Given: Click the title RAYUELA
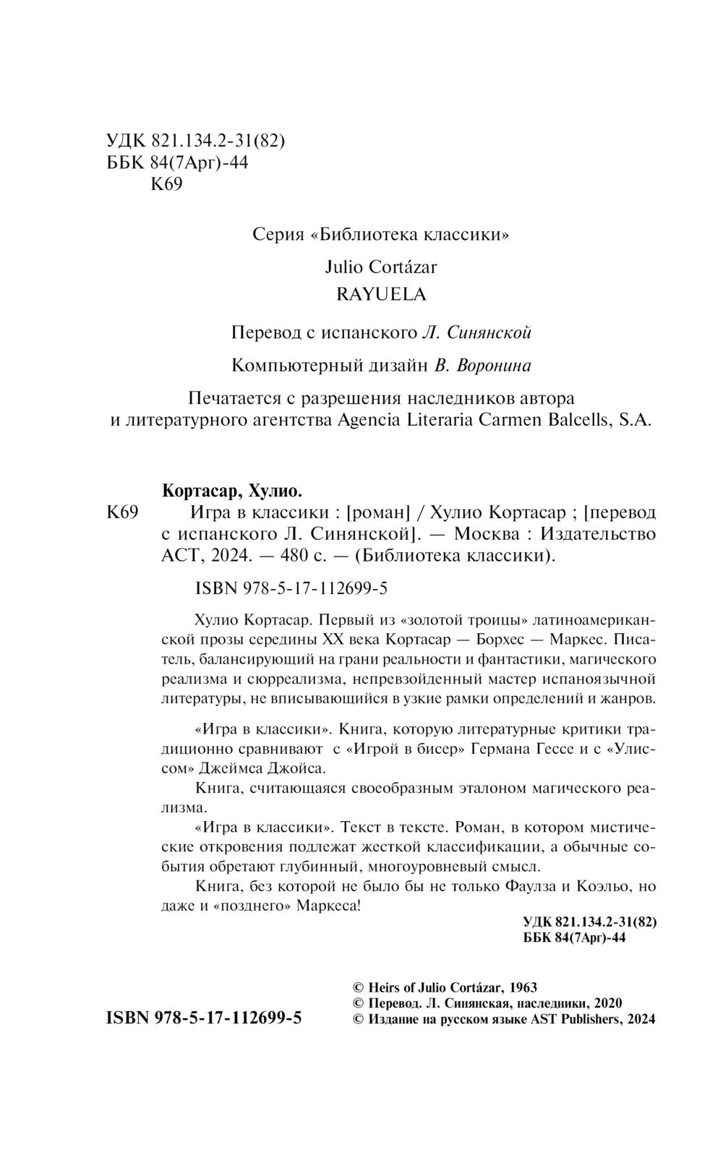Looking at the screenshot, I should pyautogui.click(x=382, y=294).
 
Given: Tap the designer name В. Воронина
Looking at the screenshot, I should pyautogui.click(x=483, y=366).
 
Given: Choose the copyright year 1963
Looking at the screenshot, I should pyautogui.click(x=523, y=987).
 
